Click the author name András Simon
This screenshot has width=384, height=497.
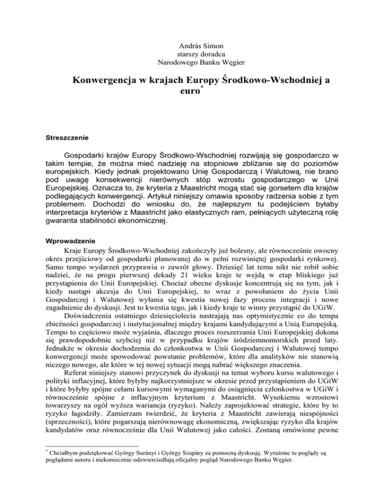[x=191, y=43]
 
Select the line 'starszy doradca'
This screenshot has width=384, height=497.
[x=191, y=53]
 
